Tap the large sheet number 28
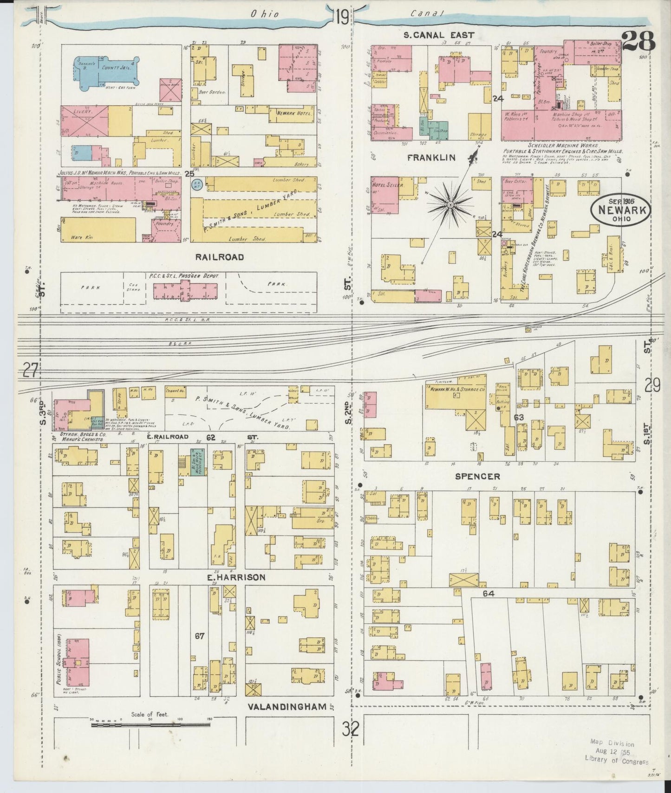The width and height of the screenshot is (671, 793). (638, 42)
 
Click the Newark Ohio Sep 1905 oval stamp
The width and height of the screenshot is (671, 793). (621, 211)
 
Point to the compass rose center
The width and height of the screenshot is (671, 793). (450, 204)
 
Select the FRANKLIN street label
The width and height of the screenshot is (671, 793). (431, 158)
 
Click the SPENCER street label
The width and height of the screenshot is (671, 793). (478, 477)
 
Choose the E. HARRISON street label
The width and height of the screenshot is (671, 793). (236, 577)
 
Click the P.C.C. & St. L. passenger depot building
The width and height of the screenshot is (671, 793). (185, 292)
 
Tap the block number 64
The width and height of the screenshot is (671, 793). (489, 594)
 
